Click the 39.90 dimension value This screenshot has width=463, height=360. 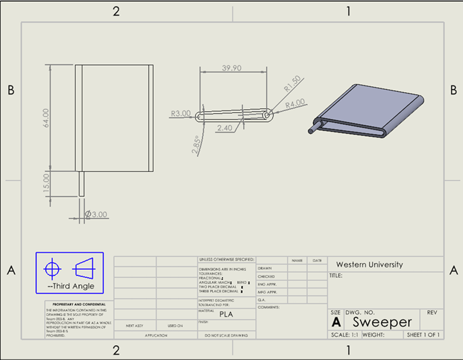[x=231, y=68]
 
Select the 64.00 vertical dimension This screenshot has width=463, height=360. [x=46, y=118]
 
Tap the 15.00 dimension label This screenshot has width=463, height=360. [x=46, y=183]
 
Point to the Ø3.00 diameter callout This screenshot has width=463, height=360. [x=96, y=214]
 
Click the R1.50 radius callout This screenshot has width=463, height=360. [x=292, y=83]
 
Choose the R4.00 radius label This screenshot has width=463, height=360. [x=295, y=104]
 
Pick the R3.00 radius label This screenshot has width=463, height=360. [x=180, y=114]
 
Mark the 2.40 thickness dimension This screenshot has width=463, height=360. [x=225, y=128]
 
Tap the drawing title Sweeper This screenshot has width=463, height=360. [x=382, y=322]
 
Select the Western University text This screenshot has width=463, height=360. [x=369, y=264]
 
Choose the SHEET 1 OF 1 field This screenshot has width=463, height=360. [x=423, y=335]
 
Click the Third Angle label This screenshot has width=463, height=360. [x=71, y=286]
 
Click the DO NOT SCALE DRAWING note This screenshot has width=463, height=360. [x=227, y=335]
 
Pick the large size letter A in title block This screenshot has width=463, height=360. [x=336, y=322]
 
